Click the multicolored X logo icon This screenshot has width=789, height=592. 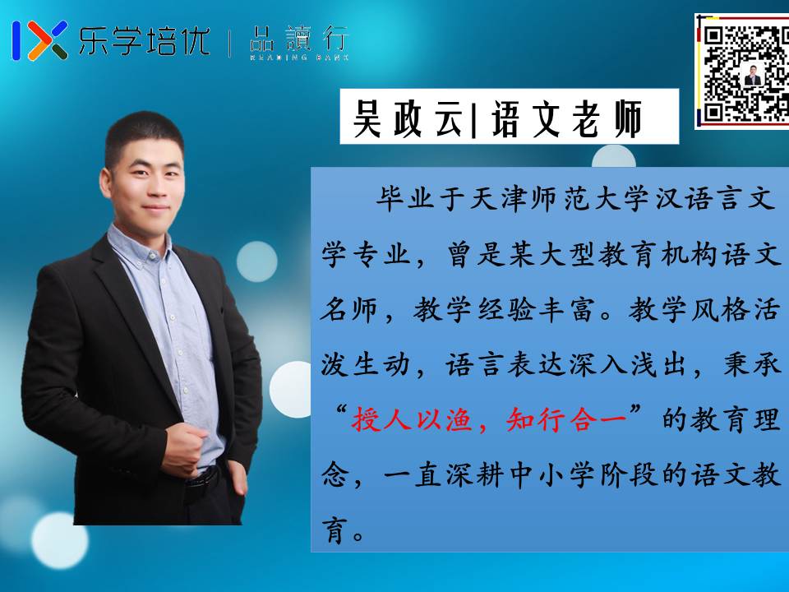pyautogui.click(x=40, y=40)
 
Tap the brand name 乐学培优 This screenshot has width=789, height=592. pyautogui.click(x=145, y=40)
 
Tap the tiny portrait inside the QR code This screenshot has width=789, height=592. pyautogui.click(x=753, y=75)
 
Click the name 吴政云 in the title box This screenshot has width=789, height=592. pyautogui.click(x=407, y=118)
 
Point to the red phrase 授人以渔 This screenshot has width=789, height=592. pyautogui.click(x=411, y=419)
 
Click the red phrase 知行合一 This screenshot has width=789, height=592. pyautogui.click(x=566, y=419)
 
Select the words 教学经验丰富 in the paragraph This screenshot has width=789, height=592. pyautogui.click(x=504, y=310)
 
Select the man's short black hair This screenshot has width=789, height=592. pyautogui.click(x=143, y=136)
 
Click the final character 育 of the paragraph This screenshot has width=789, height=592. pyautogui.click(x=335, y=530)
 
